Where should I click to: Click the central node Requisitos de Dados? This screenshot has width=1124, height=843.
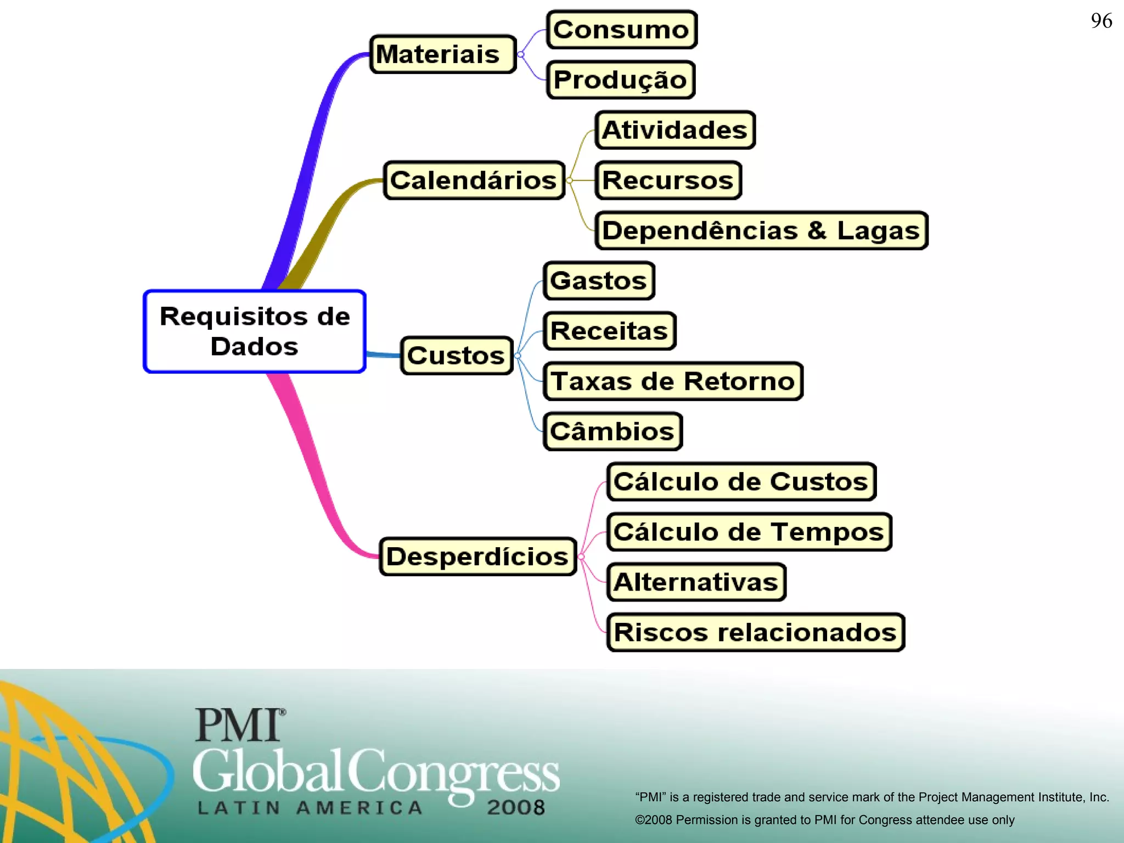tap(255, 331)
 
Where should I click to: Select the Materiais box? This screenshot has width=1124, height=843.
tap(443, 54)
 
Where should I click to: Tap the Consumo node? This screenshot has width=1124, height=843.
tap(622, 30)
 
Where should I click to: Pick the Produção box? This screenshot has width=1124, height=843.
tap(621, 80)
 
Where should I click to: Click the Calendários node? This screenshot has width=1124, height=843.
tap(474, 180)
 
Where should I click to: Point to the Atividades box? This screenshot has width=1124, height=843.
tap(675, 130)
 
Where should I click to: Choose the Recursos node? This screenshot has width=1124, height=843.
tap(668, 180)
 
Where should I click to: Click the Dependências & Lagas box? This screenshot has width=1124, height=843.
tap(761, 231)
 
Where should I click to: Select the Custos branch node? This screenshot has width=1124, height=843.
tap(457, 356)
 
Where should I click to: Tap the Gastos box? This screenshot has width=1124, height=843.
tap(599, 281)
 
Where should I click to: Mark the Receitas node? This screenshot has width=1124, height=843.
tap(609, 331)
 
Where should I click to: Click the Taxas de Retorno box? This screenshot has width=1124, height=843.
tap(673, 381)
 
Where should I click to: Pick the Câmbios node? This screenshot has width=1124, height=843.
tap(612, 431)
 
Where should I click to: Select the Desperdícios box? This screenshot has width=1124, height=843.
tap(477, 557)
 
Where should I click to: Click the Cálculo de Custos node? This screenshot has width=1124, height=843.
tap(741, 481)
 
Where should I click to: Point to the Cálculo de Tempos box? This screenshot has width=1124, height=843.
tap(749, 532)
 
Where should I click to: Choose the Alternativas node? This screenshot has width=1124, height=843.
tap(696, 582)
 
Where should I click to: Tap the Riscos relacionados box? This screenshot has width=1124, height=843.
tap(755, 632)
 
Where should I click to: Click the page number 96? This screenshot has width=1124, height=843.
tap(1101, 21)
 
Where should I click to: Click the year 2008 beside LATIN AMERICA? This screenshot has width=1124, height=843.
tap(516, 807)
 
